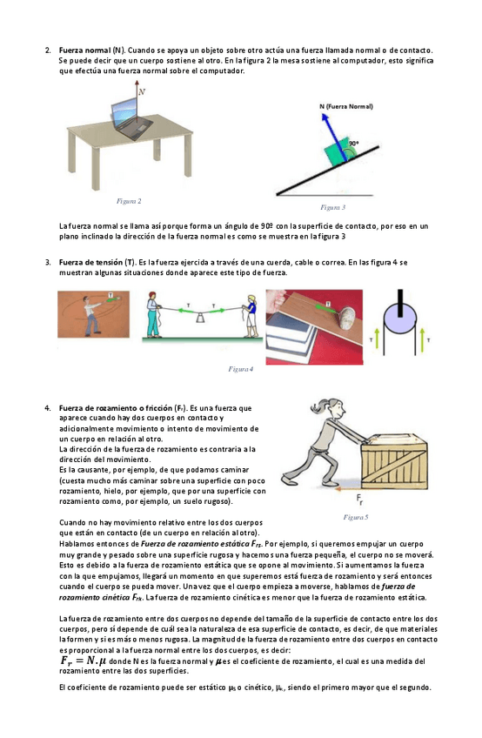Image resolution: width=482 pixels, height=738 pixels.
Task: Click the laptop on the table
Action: [131, 118]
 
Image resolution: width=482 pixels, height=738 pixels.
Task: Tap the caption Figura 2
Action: [129, 201]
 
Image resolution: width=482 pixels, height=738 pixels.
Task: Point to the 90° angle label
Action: [353, 143]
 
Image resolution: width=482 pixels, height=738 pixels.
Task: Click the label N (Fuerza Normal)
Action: [346, 106]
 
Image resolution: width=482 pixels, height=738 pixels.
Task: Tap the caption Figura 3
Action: [333, 207]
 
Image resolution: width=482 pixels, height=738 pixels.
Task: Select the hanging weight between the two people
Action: [200, 319]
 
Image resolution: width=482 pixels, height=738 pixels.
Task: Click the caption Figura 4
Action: [241, 370]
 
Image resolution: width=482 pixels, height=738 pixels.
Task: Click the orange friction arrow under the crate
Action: [348, 489]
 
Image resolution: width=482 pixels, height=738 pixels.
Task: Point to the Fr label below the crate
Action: [359, 500]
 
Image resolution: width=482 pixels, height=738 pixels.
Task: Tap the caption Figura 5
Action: [356, 517]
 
